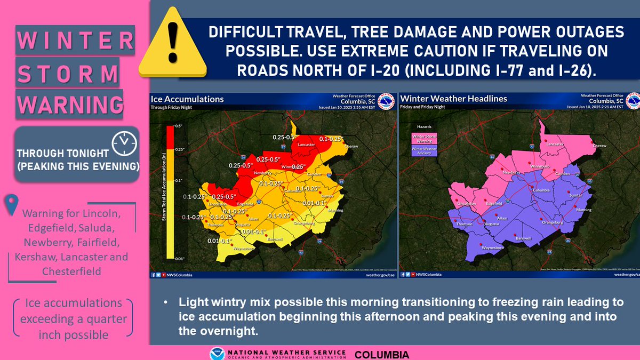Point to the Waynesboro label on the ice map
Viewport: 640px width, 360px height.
tap(243, 248)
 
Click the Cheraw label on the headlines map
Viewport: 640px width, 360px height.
tap(600, 146)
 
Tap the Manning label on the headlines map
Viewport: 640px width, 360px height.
tap(584, 210)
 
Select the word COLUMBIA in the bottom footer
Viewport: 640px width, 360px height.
tap(382, 354)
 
